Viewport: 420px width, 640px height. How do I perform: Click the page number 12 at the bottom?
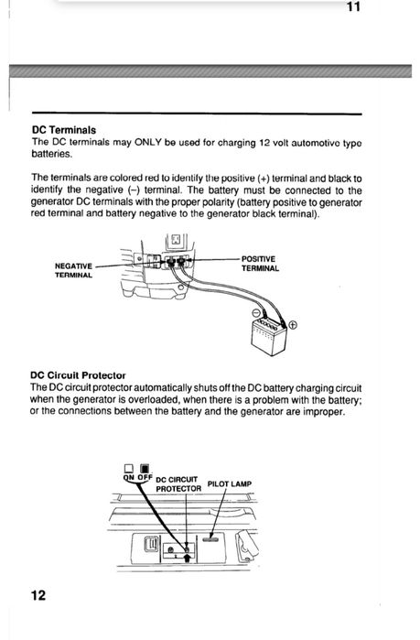click(x=38, y=595)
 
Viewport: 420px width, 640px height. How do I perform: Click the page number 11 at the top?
click(x=353, y=7)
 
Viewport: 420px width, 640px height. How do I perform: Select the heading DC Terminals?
click(x=64, y=130)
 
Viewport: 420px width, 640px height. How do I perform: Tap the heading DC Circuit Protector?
click(x=78, y=375)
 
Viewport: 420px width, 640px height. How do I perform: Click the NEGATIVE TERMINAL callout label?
click(x=74, y=270)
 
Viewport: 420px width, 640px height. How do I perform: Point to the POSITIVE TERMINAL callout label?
click(x=260, y=264)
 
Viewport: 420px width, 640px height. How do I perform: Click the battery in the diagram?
click(x=269, y=336)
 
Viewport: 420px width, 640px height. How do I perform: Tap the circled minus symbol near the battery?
click(x=256, y=312)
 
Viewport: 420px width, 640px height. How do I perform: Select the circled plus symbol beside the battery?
click(x=293, y=325)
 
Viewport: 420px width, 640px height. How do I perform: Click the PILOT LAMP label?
click(x=230, y=484)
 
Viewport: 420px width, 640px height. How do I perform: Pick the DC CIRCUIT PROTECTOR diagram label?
click(x=178, y=484)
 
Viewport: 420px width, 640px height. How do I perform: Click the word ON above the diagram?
click(x=128, y=477)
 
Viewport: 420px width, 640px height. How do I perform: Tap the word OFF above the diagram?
click(x=145, y=477)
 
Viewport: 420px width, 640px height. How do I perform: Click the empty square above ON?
click(x=128, y=468)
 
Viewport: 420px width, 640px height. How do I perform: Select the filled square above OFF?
click(x=145, y=468)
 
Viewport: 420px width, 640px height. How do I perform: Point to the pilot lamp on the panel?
click(x=210, y=540)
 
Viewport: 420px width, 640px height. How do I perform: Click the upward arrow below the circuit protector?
click(x=188, y=558)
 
